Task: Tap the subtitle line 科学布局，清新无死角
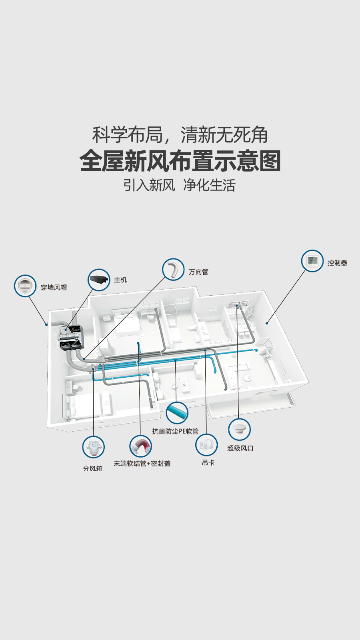(180, 135)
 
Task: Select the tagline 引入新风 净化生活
(179, 185)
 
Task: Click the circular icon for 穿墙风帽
(25, 286)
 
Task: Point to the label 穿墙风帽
(54, 288)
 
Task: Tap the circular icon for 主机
(99, 280)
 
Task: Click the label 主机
(120, 280)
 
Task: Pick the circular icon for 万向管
(173, 269)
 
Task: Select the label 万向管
(198, 272)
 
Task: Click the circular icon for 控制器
(312, 261)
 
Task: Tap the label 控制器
(337, 263)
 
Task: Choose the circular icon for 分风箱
(93, 447)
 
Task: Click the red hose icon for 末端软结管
(140, 446)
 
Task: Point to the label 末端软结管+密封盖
(142, 464)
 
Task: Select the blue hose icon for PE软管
(177, 413)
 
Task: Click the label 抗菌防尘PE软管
(175, 431)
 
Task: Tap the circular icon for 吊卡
(206, 445)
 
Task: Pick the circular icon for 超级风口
(239, 430)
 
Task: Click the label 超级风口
(240, 448)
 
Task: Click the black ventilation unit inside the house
(70, 338)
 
